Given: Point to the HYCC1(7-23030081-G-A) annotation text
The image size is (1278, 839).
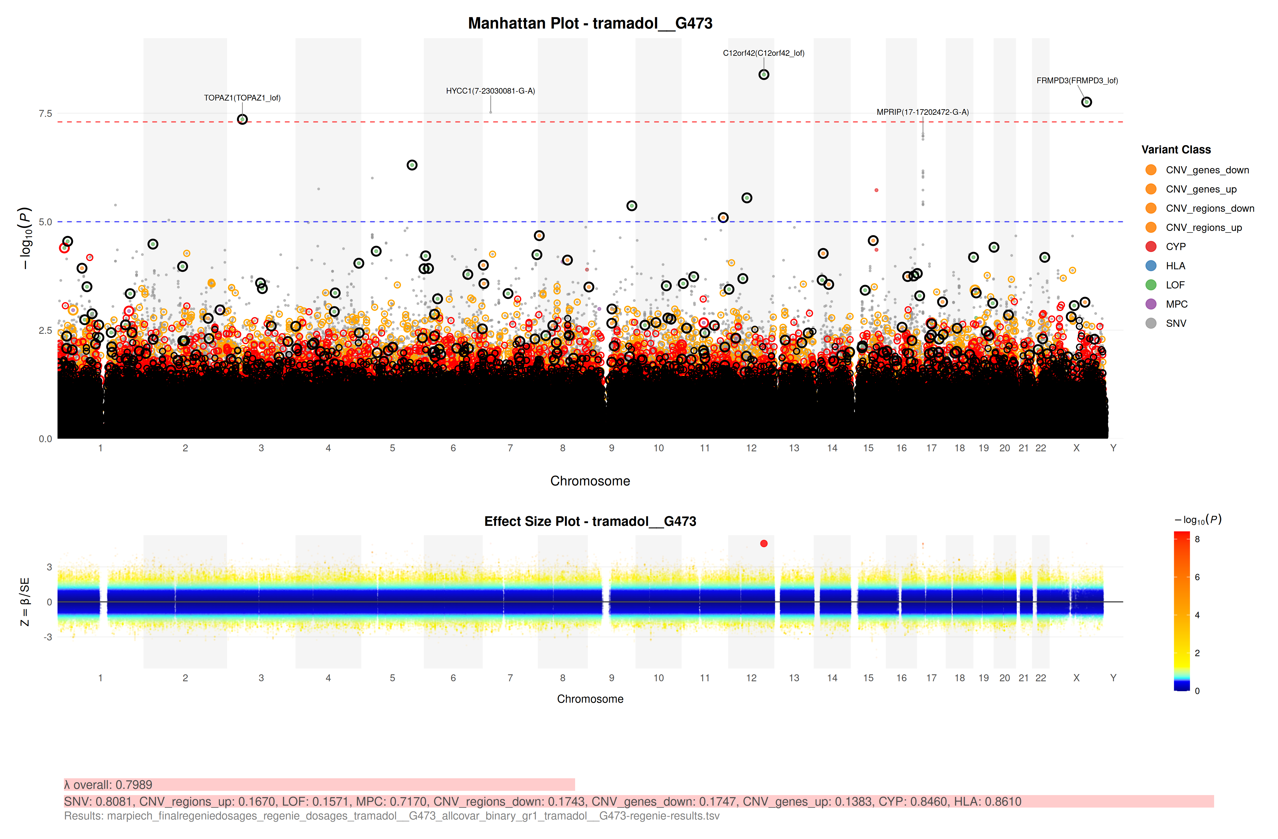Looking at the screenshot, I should tap(490, 91).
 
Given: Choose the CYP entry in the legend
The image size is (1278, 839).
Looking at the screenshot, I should tap(1175, 247).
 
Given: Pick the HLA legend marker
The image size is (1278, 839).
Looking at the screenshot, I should tap(1151, 266).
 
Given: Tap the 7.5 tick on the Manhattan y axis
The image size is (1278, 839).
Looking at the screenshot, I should tap(45, 113).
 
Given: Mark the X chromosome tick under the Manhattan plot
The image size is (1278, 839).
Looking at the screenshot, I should tap(1076, 448).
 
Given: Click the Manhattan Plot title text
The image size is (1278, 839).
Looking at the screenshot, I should tap(590, 23).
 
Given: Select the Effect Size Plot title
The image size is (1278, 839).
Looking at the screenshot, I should tap(590, 522).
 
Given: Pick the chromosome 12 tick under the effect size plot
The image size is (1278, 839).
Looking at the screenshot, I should tap(751, 678).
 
